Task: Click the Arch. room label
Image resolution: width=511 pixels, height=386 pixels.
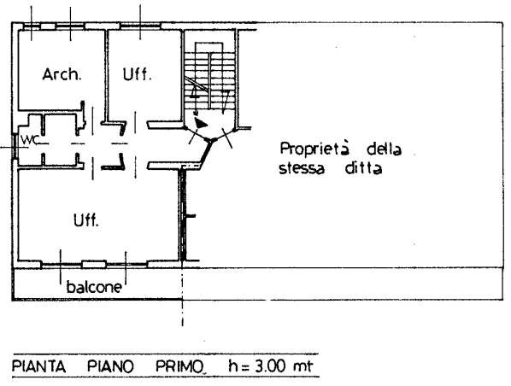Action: [x=62, y=74]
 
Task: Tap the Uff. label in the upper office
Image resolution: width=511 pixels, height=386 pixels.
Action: [x=138, y=74]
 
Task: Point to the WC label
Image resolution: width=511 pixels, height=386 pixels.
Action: [x=30, y=140]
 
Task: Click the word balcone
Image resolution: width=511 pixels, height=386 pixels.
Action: [x=94, y=287]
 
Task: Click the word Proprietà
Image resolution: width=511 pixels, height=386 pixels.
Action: [x=314, y=149]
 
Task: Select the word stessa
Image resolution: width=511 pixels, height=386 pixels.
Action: [x=302, y=169]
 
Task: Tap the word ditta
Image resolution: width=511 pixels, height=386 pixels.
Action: [x=363, y=168]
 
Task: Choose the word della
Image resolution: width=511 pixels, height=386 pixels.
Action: [x=385, y=149]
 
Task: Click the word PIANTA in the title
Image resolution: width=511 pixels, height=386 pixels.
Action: [x=39, y=366]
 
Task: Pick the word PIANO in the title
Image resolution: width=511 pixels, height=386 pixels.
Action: [x=111, y=366]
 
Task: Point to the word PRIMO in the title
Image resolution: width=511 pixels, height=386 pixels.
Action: [x=179, y=366]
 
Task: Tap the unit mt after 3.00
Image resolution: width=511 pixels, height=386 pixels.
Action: [x=303, y=366]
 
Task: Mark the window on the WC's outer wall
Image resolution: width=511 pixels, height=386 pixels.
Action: [x=15, y=147]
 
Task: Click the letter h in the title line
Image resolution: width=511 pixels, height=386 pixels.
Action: [x=233, y=366]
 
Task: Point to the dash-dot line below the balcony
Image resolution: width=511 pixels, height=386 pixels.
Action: [x=182, y=297]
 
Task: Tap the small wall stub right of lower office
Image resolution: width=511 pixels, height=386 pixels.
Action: [x=191, y=215]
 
